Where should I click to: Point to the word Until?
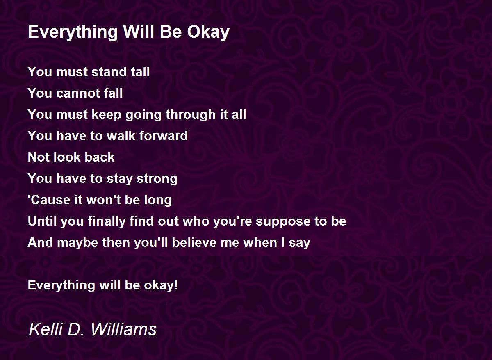coord(42,221)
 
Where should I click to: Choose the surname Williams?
coord(123,329)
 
